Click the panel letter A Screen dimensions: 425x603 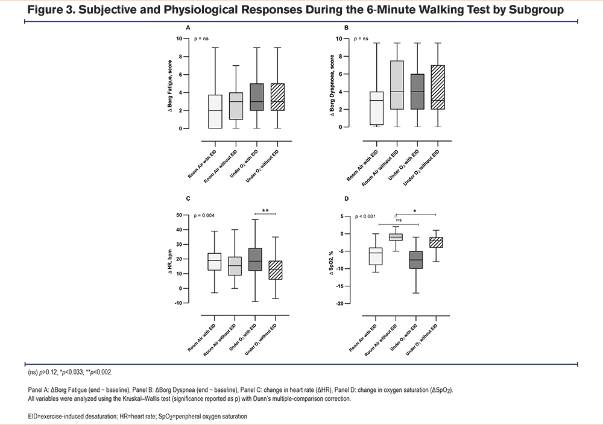coord(188,28)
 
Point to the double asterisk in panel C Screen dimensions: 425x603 coord(265,210)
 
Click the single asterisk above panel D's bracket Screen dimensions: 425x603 coord(415,211)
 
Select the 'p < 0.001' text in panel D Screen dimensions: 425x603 coord(365,216)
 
